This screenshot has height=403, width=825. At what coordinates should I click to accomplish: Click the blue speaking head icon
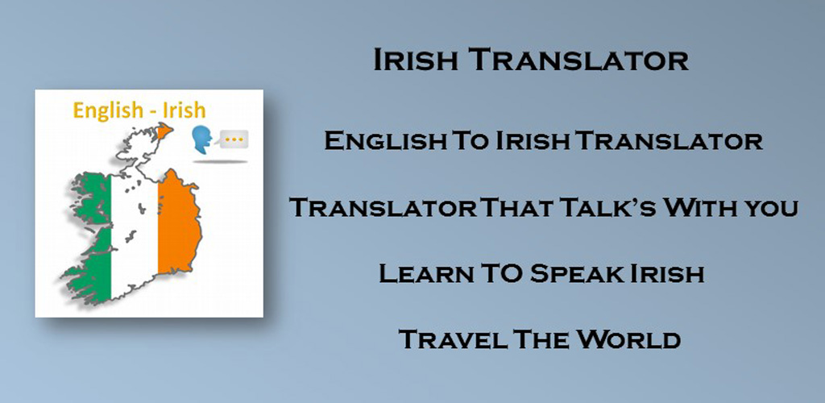tap(201, 139)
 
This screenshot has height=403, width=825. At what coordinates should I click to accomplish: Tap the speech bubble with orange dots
tap(234, 139)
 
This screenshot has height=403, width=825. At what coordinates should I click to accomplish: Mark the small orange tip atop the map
tap(165, 130)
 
